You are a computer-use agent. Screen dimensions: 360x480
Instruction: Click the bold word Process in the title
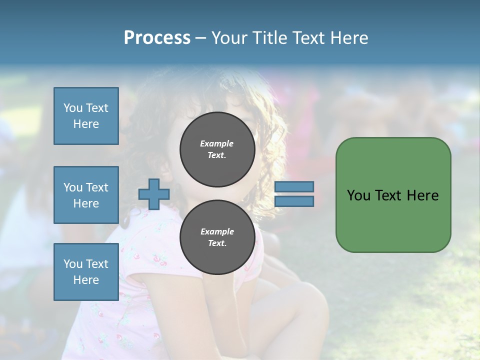(157, 38)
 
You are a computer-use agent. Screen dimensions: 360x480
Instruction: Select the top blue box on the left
(86, 116)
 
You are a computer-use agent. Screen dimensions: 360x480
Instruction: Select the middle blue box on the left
(86, 195)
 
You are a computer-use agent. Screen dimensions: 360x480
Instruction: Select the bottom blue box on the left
(86, 272)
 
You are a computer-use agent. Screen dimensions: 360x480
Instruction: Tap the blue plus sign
(154, 194)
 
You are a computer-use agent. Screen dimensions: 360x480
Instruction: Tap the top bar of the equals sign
(294, 187)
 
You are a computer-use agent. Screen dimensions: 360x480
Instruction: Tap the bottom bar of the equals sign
(294, 201)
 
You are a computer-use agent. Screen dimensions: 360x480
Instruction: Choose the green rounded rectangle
(393, 220)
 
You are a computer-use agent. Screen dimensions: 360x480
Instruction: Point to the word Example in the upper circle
(217, 143)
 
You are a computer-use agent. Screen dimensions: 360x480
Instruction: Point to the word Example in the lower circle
(217, 231)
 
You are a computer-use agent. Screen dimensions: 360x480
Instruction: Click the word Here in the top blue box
(86, 124)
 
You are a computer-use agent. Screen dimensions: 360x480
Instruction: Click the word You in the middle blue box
(72, 187)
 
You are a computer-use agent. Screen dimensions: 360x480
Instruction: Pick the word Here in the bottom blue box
(86, 280)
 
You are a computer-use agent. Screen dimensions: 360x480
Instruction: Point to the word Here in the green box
(422, 195)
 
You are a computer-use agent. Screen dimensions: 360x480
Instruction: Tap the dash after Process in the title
(201, 38)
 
